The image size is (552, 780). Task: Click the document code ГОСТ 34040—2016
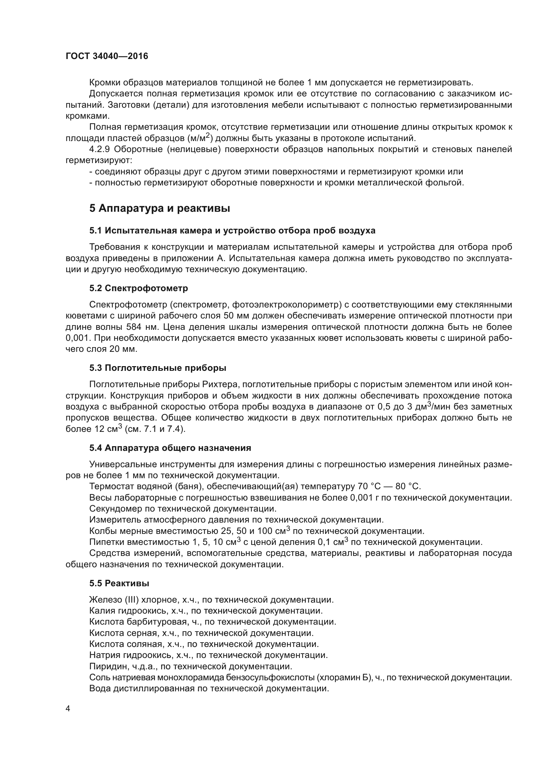(107, 56)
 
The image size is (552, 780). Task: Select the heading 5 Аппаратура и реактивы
(160, 208)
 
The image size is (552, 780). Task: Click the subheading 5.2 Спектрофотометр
(139, 288)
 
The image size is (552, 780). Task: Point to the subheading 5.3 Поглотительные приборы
(158, 368)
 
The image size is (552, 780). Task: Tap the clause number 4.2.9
(99, 149)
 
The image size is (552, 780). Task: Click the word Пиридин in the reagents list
(106, 666)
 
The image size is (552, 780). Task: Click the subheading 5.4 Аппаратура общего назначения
(170, 448)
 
